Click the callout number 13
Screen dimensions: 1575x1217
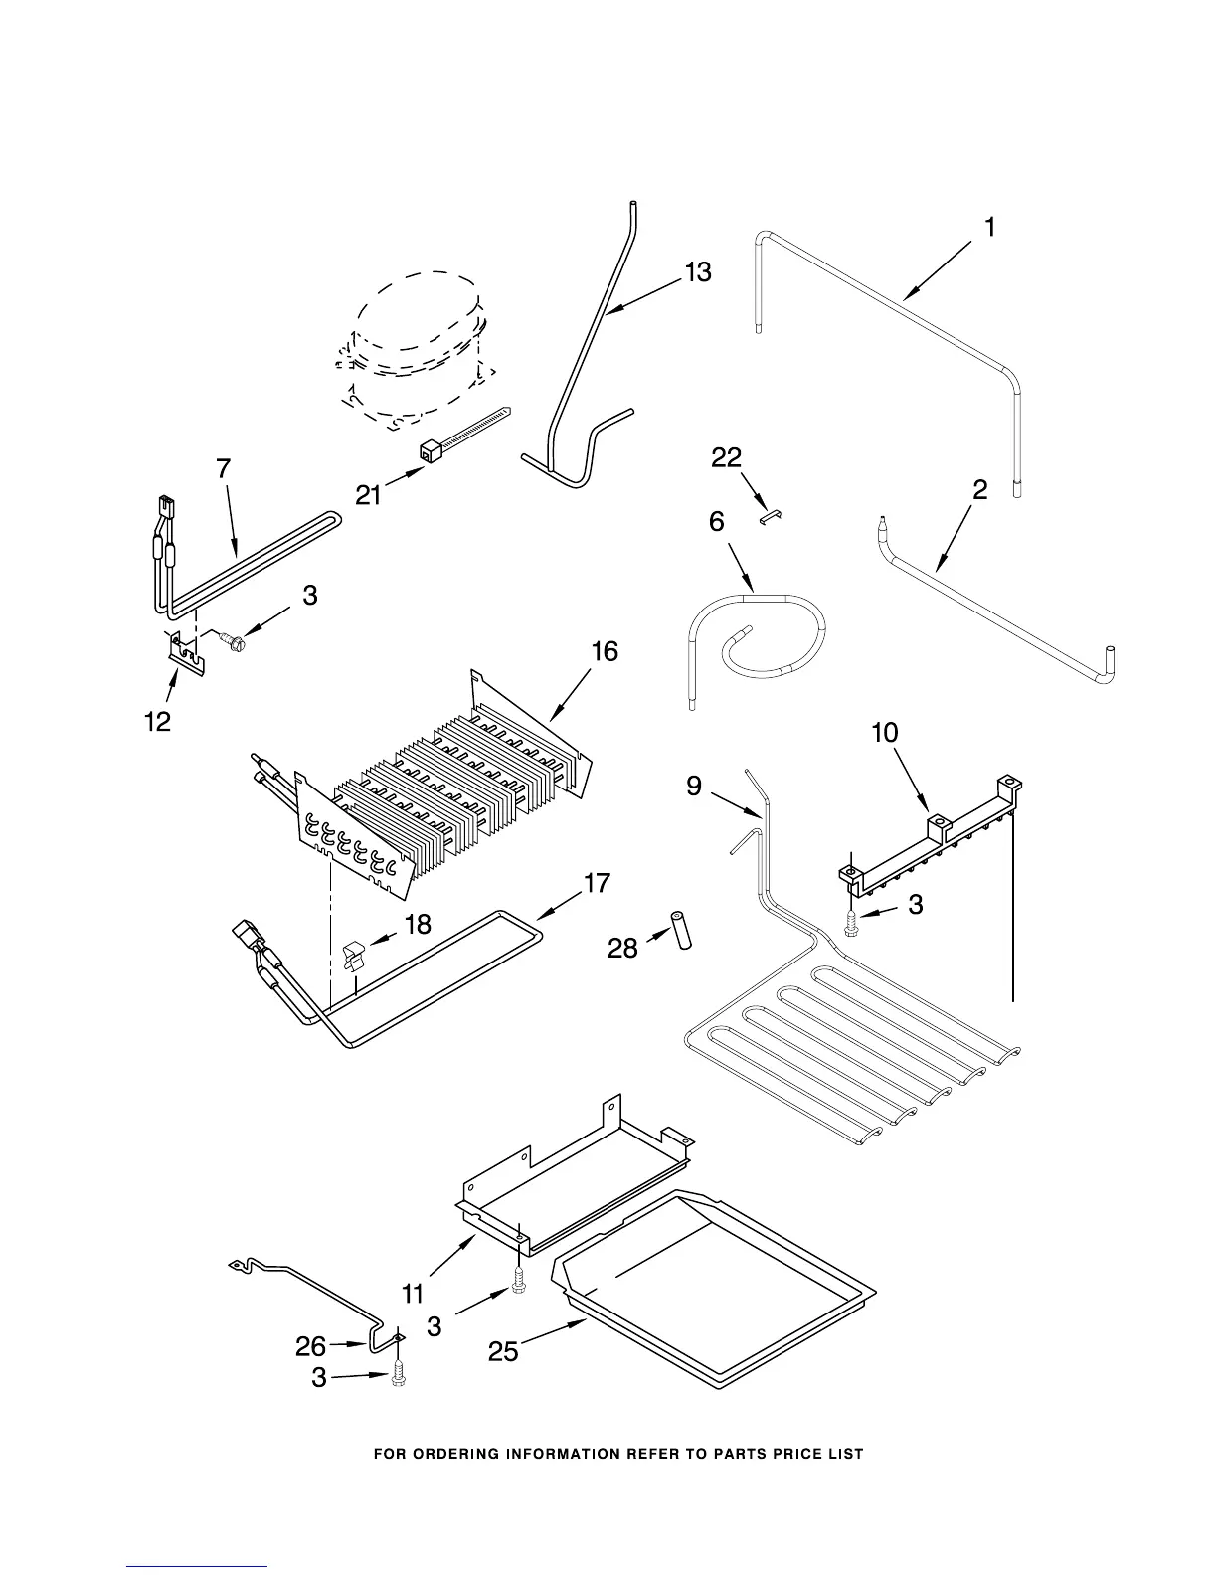(698, 271)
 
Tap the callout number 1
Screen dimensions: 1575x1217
(989, 228)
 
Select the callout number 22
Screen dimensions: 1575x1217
(727, 457)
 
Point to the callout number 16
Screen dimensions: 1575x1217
(605, 651)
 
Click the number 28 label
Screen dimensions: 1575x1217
(622, 948)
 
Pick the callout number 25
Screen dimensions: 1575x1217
(504, 1351)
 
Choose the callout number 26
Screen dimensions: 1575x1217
(310, 1346)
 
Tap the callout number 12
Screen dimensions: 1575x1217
(158, 721)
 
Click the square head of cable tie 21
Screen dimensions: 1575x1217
(431, 452)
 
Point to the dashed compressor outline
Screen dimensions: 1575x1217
(413, 348)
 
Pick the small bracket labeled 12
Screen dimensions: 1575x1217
(185, 651)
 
